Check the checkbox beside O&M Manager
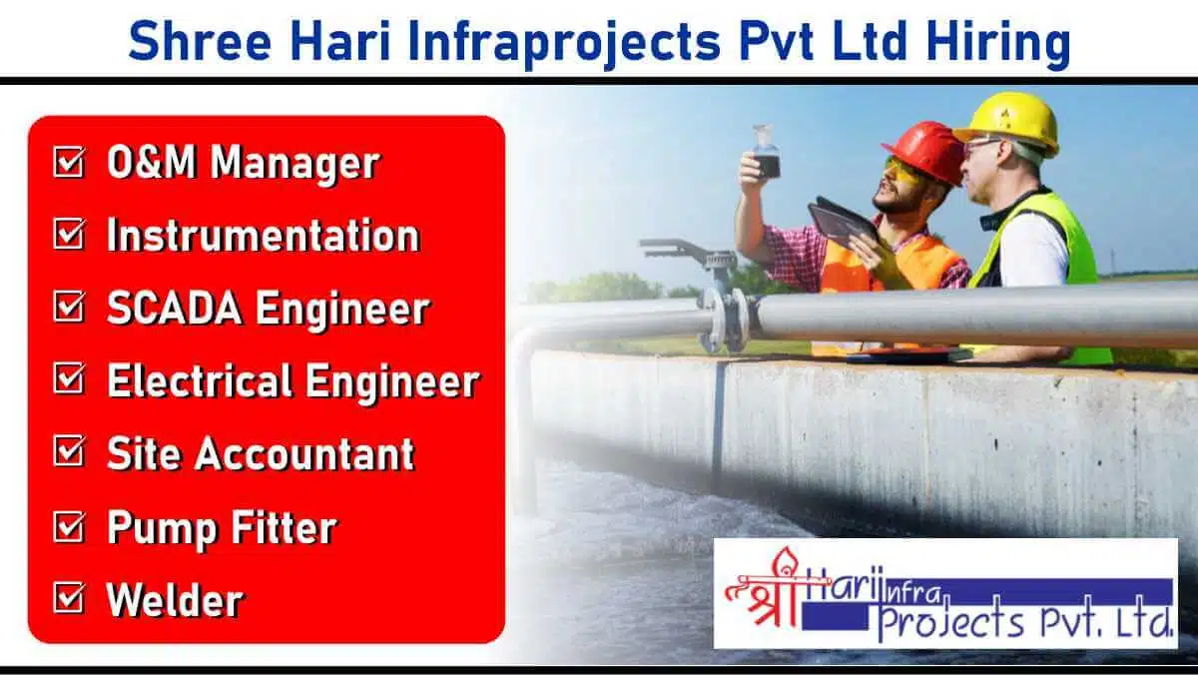point(69,162)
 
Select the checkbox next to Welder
point(69,598)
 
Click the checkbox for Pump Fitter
point(69,526)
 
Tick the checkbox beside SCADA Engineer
point(69,307)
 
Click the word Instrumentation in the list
point(264,235)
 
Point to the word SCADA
point(175,308)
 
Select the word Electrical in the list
point(200,380)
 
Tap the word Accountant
point(304,453)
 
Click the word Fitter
point(284,527)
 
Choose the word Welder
point(175,599)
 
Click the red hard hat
point(925,152)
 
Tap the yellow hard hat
point(1007,122)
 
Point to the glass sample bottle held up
point(766,152)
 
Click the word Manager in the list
point(295,163)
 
